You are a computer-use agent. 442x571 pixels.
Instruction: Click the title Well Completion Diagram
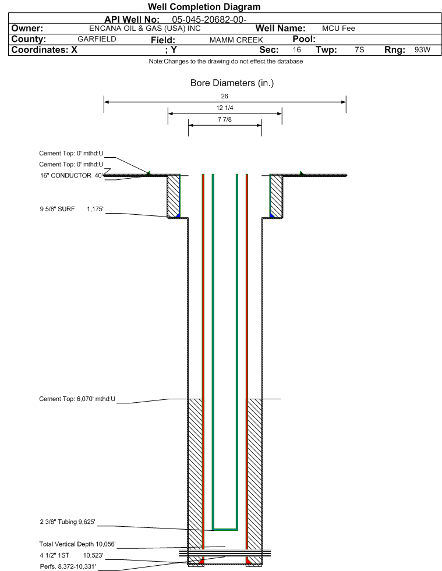204,6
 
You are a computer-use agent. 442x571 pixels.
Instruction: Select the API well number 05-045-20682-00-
209,20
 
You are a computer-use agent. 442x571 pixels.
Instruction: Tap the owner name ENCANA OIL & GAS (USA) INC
144,29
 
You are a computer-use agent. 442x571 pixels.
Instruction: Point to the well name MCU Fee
338,29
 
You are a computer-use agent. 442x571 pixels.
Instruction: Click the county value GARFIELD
97,39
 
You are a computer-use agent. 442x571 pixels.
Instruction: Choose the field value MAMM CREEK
236,40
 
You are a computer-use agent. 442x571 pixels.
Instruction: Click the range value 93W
422,49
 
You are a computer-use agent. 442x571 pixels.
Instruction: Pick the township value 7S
359,49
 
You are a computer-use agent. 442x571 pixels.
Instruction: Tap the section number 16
296,49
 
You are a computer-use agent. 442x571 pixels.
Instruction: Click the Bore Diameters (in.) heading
232,83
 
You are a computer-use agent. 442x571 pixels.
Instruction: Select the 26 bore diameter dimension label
224,96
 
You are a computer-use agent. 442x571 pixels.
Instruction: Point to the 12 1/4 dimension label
224,108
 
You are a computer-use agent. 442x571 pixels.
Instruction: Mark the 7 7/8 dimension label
224,119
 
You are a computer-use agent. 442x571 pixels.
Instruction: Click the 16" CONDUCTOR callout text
66,176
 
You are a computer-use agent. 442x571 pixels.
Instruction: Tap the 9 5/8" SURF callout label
57,209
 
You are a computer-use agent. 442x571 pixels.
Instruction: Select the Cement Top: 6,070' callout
77,399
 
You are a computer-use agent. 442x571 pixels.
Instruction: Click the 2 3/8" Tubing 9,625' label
68,522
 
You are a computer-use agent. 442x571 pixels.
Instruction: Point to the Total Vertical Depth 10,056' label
77,544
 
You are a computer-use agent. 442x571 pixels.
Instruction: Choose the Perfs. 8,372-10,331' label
68,566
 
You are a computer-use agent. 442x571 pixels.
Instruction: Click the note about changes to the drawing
225,61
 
